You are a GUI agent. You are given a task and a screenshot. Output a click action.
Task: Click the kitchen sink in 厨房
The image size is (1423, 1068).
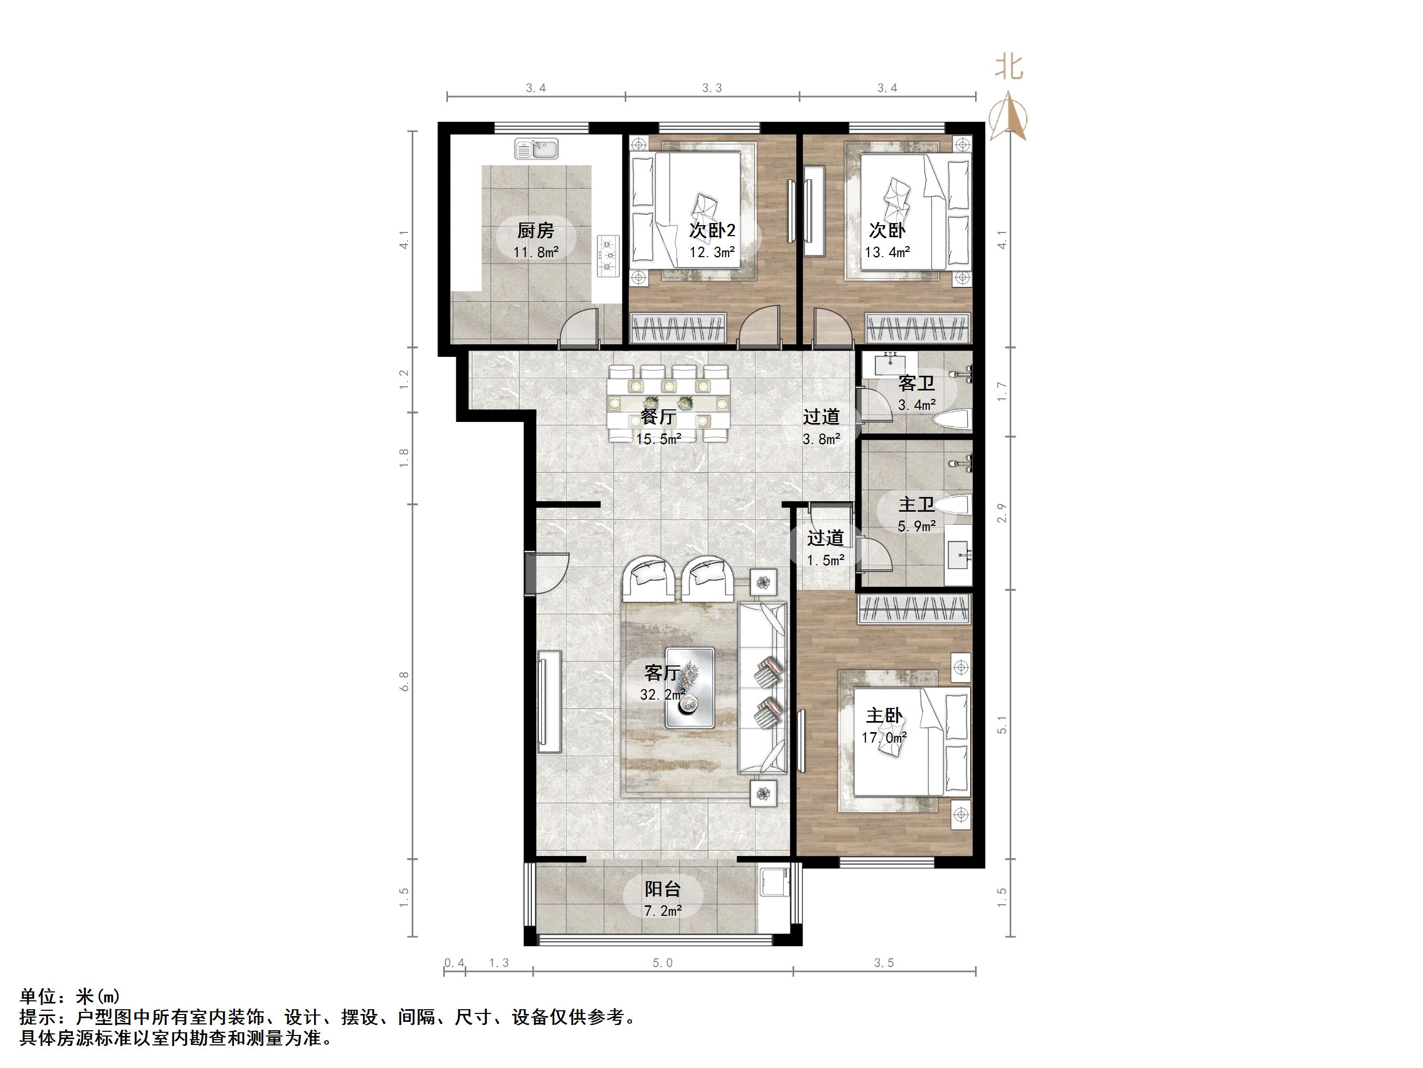click(536, 149)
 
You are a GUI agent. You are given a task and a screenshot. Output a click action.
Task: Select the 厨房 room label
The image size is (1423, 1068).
click(536, 230)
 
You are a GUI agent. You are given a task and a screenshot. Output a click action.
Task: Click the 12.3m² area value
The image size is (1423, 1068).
click(712, 252)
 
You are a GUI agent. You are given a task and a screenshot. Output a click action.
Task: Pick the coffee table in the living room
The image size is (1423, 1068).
click(690, 688)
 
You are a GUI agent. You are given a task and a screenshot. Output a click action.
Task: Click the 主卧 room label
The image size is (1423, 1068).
click(884, 715)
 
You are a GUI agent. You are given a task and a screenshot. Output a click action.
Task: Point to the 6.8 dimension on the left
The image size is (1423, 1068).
click(403, 681)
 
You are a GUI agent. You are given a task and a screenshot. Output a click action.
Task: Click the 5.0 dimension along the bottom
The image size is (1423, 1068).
click(662, 963)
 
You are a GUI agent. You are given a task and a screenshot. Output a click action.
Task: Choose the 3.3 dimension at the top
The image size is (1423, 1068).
click(711, 88)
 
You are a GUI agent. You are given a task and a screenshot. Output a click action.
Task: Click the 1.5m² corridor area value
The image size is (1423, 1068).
click(826, 561)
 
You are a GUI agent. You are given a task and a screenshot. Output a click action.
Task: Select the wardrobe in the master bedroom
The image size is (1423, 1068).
click(914, 609)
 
